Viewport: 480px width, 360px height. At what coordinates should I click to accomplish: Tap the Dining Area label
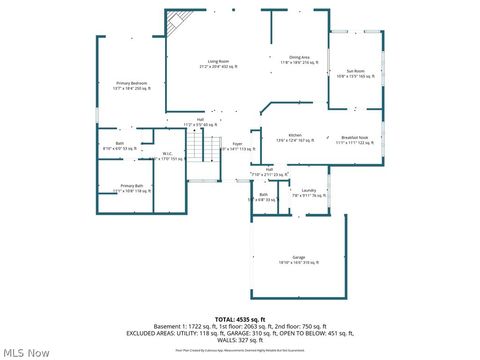point(299,57)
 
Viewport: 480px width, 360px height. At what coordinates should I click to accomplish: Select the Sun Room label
point(356,70)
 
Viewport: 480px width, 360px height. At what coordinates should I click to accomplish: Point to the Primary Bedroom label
point(132,83)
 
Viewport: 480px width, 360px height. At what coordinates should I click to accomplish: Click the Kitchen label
point(295,135)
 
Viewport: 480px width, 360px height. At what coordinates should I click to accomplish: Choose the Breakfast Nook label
point(355,137)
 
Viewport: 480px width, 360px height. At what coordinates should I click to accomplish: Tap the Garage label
point(298,257)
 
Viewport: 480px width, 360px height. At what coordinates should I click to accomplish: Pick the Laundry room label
point(308,190)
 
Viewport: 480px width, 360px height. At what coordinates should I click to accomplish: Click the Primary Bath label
point(132,186)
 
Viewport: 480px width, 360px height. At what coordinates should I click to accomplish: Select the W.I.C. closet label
point(167,154)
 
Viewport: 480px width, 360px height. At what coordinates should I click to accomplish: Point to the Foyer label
point(238,144)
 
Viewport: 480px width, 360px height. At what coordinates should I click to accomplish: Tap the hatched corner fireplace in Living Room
point(177,22)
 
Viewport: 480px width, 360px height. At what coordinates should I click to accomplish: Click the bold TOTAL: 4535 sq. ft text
point(238,318)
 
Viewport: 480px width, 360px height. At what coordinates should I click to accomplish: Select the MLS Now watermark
point(27,351)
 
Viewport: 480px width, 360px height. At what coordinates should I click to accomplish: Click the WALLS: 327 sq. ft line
point(240,339)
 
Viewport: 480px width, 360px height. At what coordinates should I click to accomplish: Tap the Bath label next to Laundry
point(263,194)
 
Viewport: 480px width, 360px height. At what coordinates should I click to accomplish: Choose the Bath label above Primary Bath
point(120,144)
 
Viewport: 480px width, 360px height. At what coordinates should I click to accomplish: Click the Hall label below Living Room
point(200,119)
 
